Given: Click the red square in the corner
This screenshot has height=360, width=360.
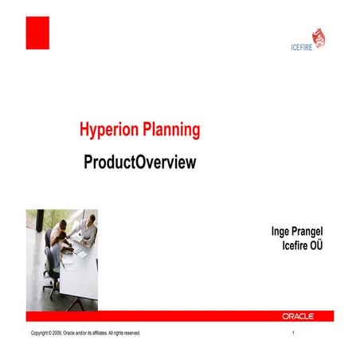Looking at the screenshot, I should (x=37, y=33).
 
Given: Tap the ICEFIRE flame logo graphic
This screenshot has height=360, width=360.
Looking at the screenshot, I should (x=318, y=37).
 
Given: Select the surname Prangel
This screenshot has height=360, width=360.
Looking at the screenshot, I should (x=315, y=232).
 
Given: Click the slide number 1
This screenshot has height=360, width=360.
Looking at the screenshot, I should (x=294, y=332).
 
